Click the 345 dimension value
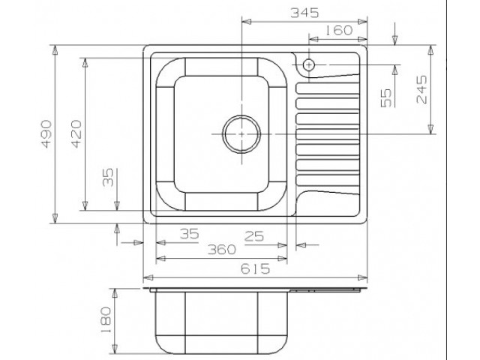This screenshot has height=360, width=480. tap(304, 13)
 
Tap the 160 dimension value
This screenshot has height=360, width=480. tap(338, 30)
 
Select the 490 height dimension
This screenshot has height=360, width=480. tap(46, 134)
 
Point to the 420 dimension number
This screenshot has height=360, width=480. tap(76, 134)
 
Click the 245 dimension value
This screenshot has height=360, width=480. tap(421, 89)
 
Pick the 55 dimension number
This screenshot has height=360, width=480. tap(386, 98)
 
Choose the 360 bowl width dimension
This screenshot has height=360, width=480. tap(222, 250)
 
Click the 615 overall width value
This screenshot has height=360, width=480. tap(255, 268)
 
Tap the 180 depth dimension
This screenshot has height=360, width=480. tap(106, 320)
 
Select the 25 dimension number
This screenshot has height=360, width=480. tap(253, 236)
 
